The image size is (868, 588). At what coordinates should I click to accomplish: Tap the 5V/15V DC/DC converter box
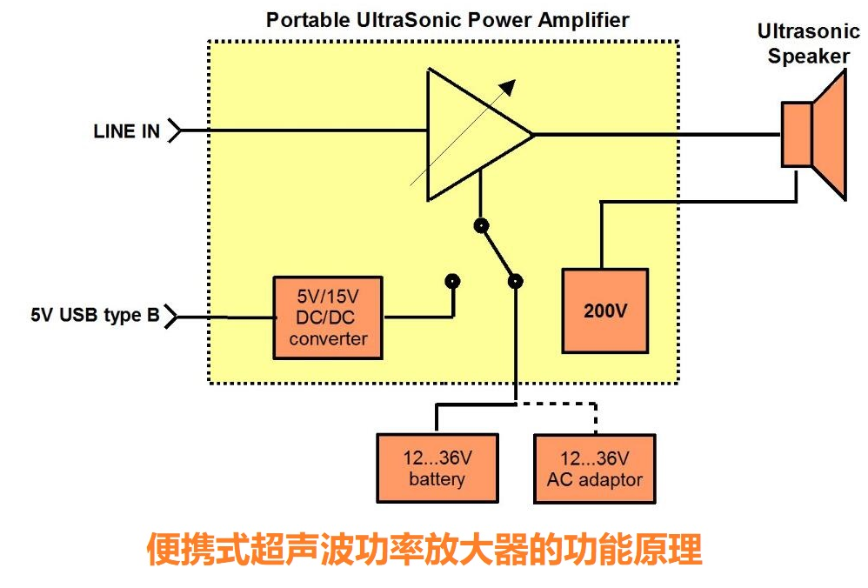[327, 317]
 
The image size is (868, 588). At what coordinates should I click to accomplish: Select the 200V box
[604, 311]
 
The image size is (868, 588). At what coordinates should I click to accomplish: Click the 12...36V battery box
[437, 468]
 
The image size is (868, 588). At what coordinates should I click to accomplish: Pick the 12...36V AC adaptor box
[594, 468]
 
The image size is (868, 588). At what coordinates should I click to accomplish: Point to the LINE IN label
[127, 131]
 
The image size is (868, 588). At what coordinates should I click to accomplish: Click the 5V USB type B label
[95, 316]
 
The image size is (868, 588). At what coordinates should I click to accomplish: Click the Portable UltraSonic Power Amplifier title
[447, 19]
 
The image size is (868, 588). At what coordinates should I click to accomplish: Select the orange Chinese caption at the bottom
[424, 551]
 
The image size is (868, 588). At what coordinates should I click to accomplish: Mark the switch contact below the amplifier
[479, 226]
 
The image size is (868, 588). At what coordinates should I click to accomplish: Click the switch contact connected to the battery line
[516, 281]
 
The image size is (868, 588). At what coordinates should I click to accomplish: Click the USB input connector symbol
[171, 316]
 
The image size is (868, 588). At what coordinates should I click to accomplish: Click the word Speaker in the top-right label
[809, 57]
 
